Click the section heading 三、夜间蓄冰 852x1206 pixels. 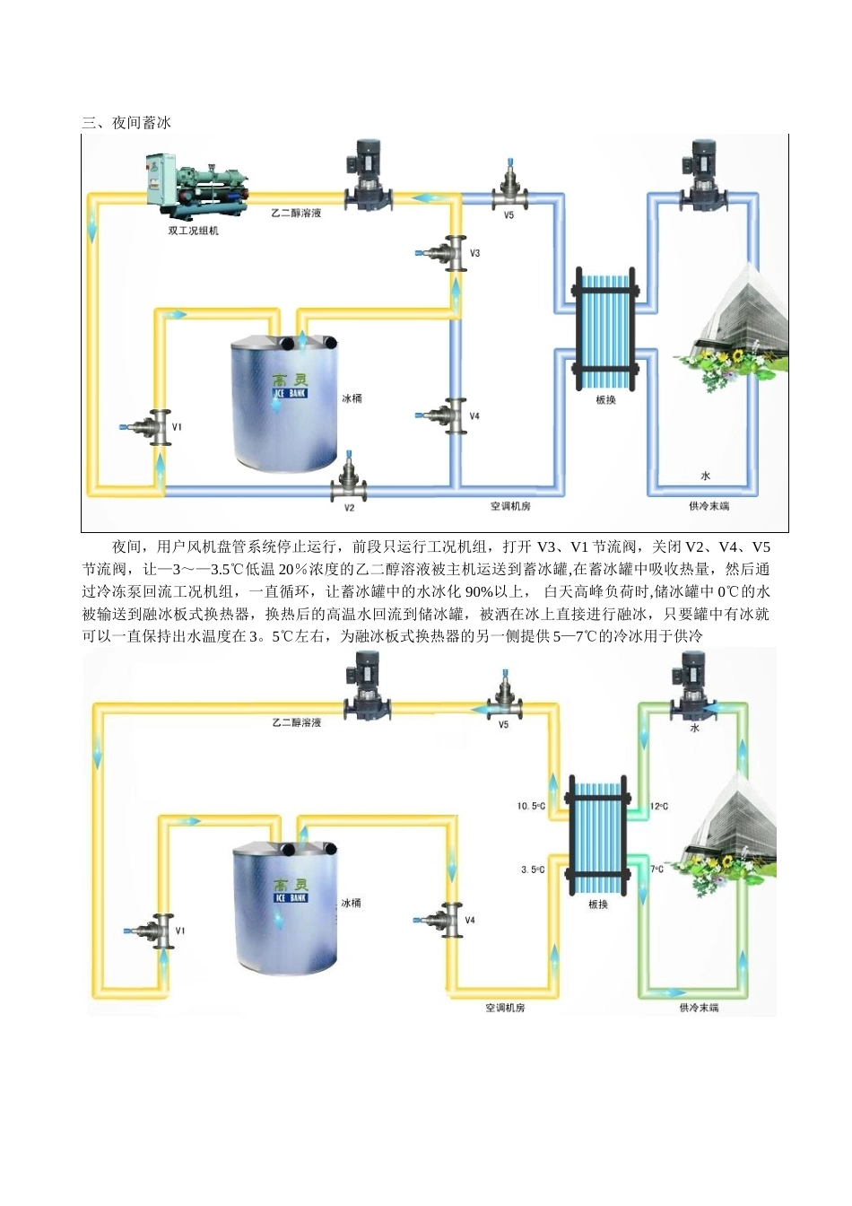click(126, 123)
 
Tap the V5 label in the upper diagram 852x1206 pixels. click(509, 216)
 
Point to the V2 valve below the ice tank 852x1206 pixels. click(349, 484)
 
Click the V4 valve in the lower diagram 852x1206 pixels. click(444, 920)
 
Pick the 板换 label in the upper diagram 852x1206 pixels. click(606, 400)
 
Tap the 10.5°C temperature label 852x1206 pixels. click(531, 806)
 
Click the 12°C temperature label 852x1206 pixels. click(659, 806)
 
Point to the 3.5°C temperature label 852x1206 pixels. click(533, 870)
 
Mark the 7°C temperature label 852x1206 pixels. click(657, 870)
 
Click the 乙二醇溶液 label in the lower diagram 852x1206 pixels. click(297, 722)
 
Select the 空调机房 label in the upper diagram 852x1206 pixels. click(510, 506)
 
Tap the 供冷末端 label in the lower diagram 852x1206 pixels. click(699, 1009)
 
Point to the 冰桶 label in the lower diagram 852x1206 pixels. click(351, 903)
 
